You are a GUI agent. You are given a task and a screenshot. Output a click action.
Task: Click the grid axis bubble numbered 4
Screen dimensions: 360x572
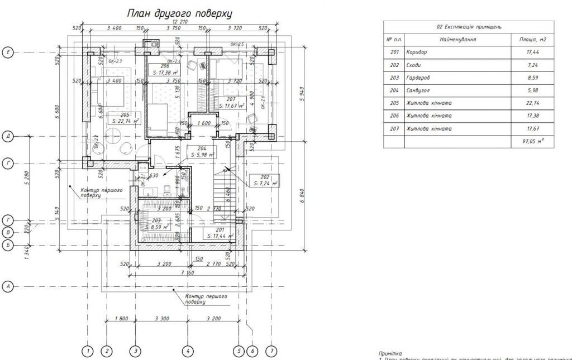pos(188,351)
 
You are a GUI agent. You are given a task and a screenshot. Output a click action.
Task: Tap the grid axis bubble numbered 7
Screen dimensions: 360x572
pos(271,351)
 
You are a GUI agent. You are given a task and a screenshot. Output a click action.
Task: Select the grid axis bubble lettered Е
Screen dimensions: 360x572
pos(8,52)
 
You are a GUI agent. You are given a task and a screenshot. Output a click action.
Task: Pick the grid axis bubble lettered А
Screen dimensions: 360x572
pos(8,286)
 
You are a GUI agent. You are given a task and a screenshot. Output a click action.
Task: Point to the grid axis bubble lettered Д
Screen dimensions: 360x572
pos(8,136)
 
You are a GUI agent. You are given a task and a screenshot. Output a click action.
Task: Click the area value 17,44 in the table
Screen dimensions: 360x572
pos(533,52)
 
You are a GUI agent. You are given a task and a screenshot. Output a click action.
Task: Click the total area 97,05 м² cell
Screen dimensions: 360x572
pos(533,142)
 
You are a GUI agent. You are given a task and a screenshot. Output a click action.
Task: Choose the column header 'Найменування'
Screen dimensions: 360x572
pos(457,40)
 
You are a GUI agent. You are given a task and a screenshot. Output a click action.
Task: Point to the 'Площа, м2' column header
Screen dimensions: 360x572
pos(533,40)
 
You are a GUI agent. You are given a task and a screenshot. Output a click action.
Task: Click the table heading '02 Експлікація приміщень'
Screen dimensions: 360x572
pos(469,26)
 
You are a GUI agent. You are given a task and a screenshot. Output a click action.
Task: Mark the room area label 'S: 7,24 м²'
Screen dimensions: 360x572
pos(265,183)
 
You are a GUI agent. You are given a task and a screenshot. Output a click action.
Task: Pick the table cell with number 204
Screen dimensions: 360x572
pos(393,90)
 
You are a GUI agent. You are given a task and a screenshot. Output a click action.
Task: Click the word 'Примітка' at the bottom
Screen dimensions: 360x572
pos(389,353)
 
